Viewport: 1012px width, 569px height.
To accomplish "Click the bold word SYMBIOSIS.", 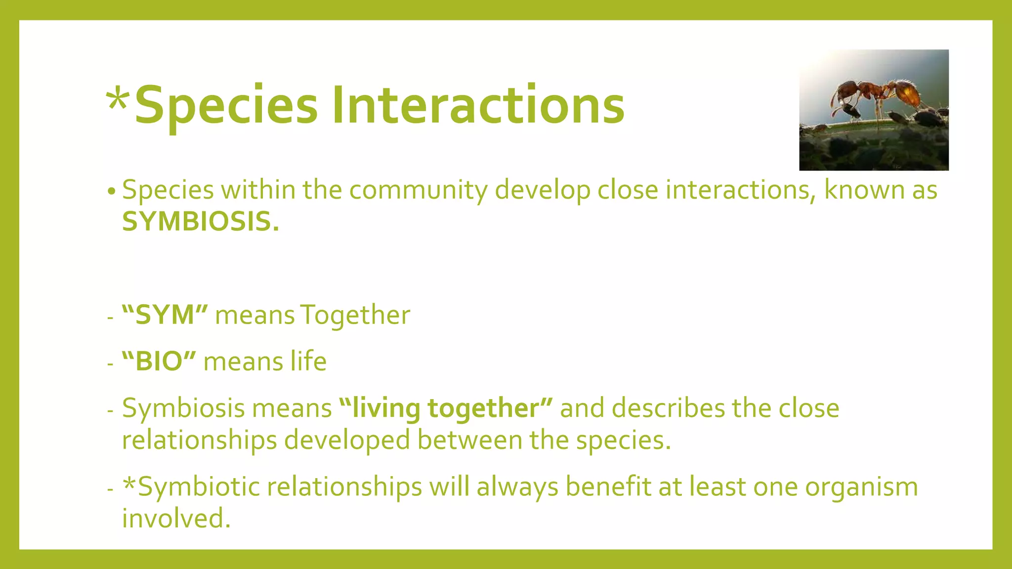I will coord(200,222).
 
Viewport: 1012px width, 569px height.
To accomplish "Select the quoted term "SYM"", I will coord(165,315).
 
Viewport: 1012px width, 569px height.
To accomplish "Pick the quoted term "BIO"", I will coord(159,362).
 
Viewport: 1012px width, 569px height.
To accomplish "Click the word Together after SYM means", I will coord(355,315).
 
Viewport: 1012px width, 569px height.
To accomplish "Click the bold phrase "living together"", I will coord(446,408).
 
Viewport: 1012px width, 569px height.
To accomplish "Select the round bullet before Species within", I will coord(112,191).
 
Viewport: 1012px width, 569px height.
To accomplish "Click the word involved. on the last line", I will coord(176,519).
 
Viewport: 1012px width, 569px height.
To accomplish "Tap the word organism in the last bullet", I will coord(861,488).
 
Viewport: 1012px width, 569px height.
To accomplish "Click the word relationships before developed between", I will coord(199,440).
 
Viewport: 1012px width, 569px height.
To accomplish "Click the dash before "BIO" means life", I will coord(110,364).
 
